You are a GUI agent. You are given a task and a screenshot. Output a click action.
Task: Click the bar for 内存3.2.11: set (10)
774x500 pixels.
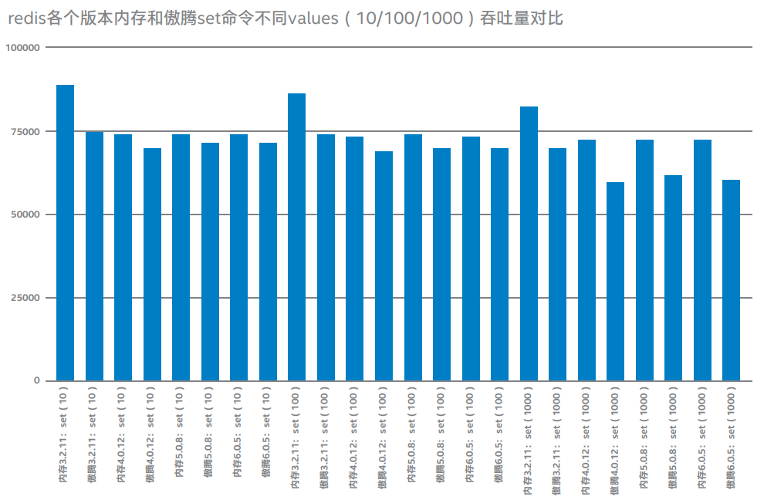click(66, 232)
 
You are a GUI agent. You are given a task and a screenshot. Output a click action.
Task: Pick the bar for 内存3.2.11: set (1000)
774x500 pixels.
click(529, 244)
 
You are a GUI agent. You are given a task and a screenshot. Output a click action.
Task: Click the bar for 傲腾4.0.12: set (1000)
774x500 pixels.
click(616, 282)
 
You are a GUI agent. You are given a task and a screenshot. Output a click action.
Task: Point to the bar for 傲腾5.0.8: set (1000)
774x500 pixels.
click(674, 278)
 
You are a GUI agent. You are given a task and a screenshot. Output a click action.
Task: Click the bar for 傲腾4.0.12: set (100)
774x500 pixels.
click(384, 266)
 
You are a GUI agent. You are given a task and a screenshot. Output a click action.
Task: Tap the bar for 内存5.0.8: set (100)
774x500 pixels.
click(413, 258)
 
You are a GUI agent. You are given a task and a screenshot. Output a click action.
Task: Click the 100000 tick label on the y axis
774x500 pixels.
click(22, 48)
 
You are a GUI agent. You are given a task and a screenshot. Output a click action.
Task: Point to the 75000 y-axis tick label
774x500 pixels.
click(25, 131)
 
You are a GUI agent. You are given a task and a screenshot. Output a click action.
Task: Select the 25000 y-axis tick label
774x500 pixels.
click(25, 298)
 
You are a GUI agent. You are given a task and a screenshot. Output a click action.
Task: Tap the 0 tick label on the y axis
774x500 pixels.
click(36, 381)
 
